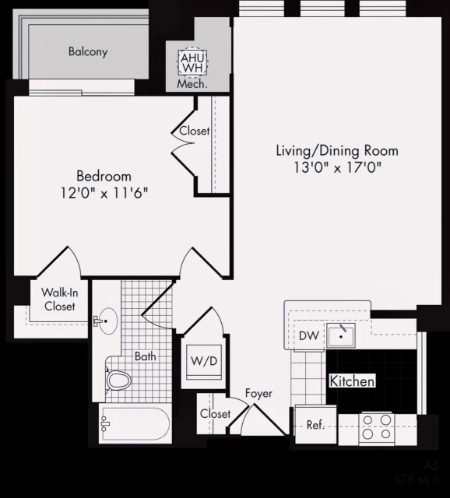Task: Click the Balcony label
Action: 88,52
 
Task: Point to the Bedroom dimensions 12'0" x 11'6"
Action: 104,191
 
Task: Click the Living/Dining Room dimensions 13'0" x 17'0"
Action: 337,167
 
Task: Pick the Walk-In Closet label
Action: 58,300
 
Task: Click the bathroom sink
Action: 108,319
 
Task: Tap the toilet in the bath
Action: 118,381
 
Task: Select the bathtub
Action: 135,425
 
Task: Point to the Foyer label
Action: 258,394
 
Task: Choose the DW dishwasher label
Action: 309,336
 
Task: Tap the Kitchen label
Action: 352,382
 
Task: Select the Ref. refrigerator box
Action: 315,426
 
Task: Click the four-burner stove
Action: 378,426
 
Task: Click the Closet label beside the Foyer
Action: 215,414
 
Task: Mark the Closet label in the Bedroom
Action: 195,131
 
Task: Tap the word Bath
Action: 145,357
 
